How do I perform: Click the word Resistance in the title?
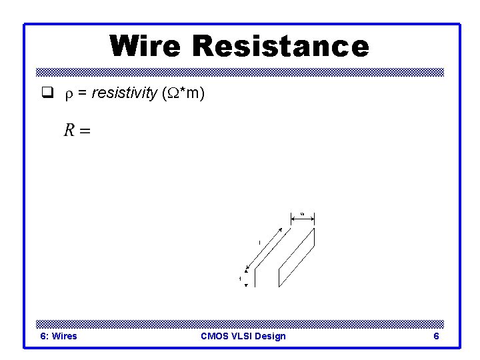(x=280, y=46)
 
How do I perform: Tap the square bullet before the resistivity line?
(x=46, y=94)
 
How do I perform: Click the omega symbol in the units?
(x=170, y=94)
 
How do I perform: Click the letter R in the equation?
(x=69, y=130)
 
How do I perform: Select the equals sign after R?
(x=85, y=131)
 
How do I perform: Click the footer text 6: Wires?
(x=59, y=336)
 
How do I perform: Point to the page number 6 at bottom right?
(x=436, y=336)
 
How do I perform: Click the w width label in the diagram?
(x=302, y=213)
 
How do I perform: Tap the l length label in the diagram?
(x=259, y=243)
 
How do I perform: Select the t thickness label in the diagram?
(x=240, y=278)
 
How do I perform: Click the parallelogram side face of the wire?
(x=297, y=257)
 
